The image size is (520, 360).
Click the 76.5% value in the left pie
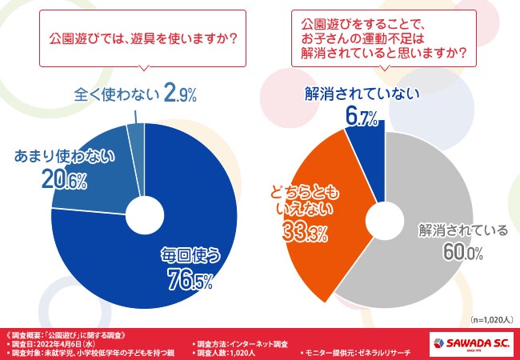(189, 280)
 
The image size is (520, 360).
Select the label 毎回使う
(189, 256)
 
